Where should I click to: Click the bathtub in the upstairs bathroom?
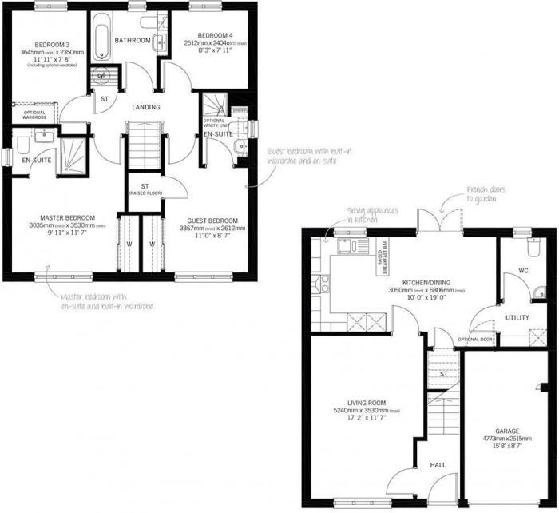pos(103,38)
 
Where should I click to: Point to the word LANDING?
pos(145,107)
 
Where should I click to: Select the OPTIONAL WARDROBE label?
pos(29,116)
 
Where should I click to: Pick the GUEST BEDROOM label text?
pos(212,221)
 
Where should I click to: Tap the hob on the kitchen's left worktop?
pos(325,284)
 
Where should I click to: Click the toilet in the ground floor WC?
pos(538,250)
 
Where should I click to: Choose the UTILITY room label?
pos(517,317)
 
